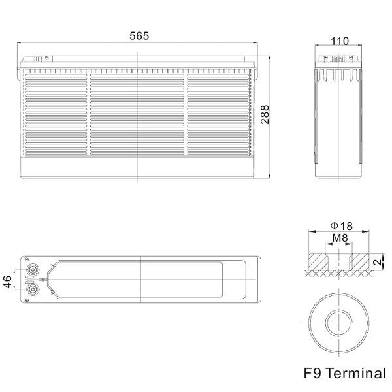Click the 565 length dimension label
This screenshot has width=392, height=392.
pyautogui.click(x=139, y=36)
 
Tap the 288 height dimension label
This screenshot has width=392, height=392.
pyautogui.click(x=265, y=114)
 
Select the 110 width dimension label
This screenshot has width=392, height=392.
pyautogui.click(x=340, y=41)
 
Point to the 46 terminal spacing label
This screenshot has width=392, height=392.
pyautogui.click(x=8, y=282)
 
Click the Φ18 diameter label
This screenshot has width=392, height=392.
pyautogui.click(x=342, y=226)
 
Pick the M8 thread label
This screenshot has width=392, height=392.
pyautogui.click(x=340, y=238)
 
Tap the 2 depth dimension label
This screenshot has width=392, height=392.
pyautogui.click(x=378, y=262)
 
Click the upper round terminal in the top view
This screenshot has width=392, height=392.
pyautogui.click(x=32, y=270)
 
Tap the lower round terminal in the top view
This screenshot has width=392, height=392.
pyautogui.click(x=32, y=289)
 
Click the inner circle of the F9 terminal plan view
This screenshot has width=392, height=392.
pyautogui.click(x=338, y=323)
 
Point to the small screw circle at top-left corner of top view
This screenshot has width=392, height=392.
pyautogui.click(x=27, y=259)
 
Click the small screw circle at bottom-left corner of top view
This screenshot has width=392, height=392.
pyautogui.click(x=27, y=300)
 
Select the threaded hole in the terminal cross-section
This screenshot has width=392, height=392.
pyautogui.click(x=338, y=262)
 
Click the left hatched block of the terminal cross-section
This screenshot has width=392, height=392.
pyautogui.click(x=317, y=262)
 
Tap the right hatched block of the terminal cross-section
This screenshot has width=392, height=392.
pyautogui.click(x=361, y=262)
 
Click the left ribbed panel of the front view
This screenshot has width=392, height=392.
pyautogui.click(x=56, y=114)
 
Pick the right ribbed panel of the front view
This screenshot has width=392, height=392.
pyautogui.click(x=218, y=114)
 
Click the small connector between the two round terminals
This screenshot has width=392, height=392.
pyautogui.click(x=29, y=280)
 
